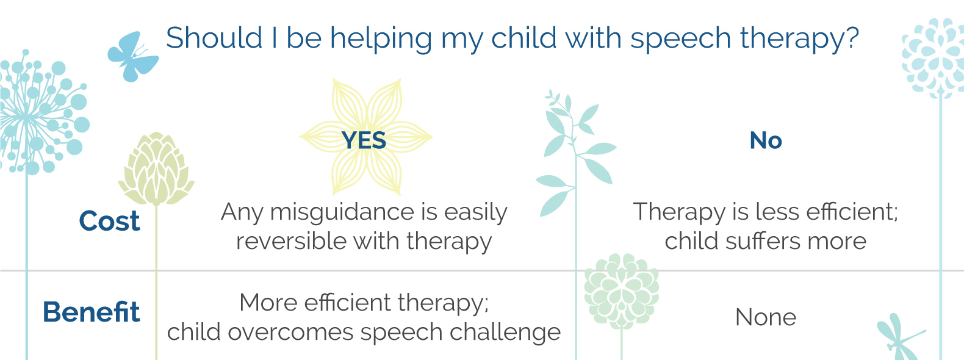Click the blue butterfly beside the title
click(x=132, y=56)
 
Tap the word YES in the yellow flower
click(x=364, y=140)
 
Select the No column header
click(x=766, y=140)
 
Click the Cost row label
click(x=109, y=221)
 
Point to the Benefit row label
click(x=92, y=312)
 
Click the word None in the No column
click(x=766, y=317)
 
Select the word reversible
click(x=292, y=241)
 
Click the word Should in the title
click(x=214, y=37)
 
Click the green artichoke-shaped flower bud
click(x=156, y=169)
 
